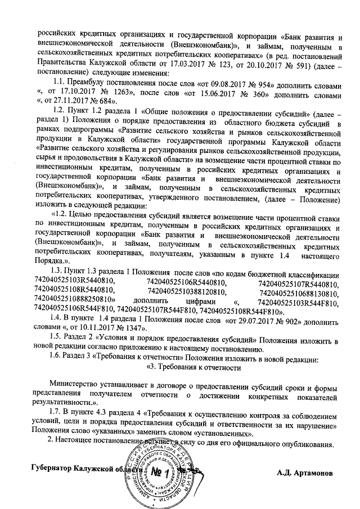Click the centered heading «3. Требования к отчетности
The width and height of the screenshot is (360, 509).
tap(194, 367)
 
